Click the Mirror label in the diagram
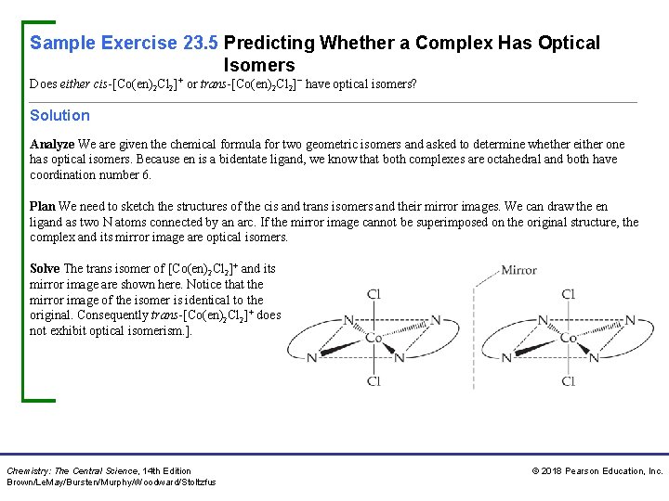[x=518, y=270]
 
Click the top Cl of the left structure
[x=374, y=295]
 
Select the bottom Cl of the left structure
[x=374, y=381]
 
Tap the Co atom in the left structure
[x=374, y=338]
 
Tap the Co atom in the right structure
[x=569, y=338]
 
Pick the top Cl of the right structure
[x=569, y=295]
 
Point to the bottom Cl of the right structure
[x=569, y=381]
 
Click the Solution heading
[x=59, y=116]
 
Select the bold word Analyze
[x=52, y=145]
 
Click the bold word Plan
[x=43, y=206]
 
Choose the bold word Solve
[x=45, y=268]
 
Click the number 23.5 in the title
[x=199, y=44]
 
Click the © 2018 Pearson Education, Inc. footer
[x=597, y=471]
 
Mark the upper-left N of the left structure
[x=348, y=321]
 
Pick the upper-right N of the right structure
[x=630, y=321]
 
